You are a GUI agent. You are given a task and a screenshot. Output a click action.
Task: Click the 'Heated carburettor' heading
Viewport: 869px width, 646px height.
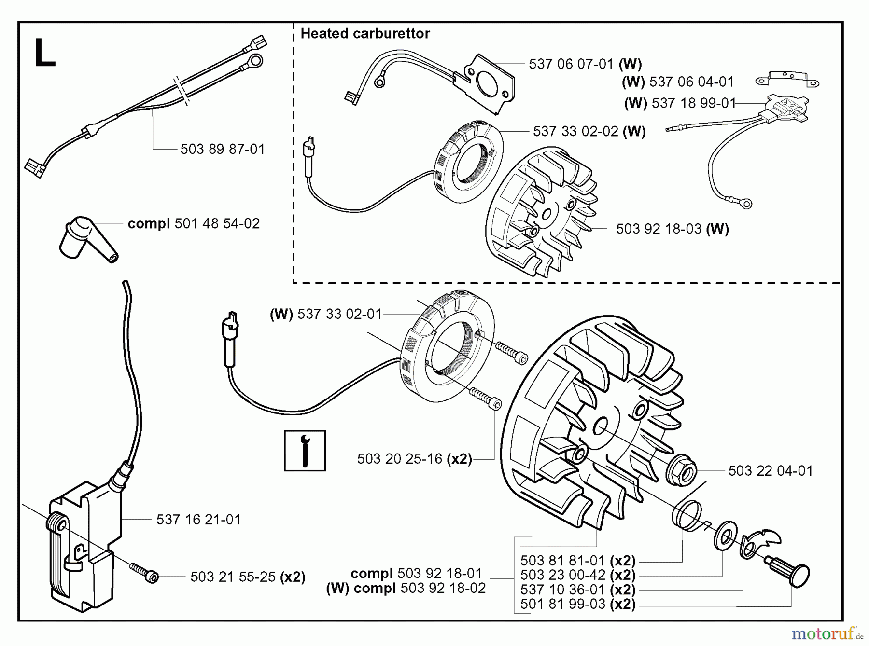pos(365,33)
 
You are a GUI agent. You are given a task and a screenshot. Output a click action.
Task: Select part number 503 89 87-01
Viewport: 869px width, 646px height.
pos(223,149)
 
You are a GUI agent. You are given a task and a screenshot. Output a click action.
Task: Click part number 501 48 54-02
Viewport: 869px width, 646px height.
pos(217,223)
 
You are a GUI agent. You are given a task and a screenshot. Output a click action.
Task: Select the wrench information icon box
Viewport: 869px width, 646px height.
pos(305,450)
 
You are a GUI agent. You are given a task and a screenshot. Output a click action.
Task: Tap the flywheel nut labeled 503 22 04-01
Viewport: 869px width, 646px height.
pos(682,471)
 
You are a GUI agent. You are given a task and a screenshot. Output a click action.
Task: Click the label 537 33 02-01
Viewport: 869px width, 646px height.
pos(339,314)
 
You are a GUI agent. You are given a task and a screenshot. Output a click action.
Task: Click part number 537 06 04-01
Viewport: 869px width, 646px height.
pos(691,82)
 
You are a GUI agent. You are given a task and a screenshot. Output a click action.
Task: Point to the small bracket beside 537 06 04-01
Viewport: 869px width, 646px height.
pos(786,79)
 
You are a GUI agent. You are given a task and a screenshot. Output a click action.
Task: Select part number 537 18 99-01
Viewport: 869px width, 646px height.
pos(693,103)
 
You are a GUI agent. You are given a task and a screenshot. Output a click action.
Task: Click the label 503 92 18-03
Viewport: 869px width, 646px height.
pos(659,229)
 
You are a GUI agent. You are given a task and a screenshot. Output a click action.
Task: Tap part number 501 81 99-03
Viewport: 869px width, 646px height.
pos(562,604)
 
